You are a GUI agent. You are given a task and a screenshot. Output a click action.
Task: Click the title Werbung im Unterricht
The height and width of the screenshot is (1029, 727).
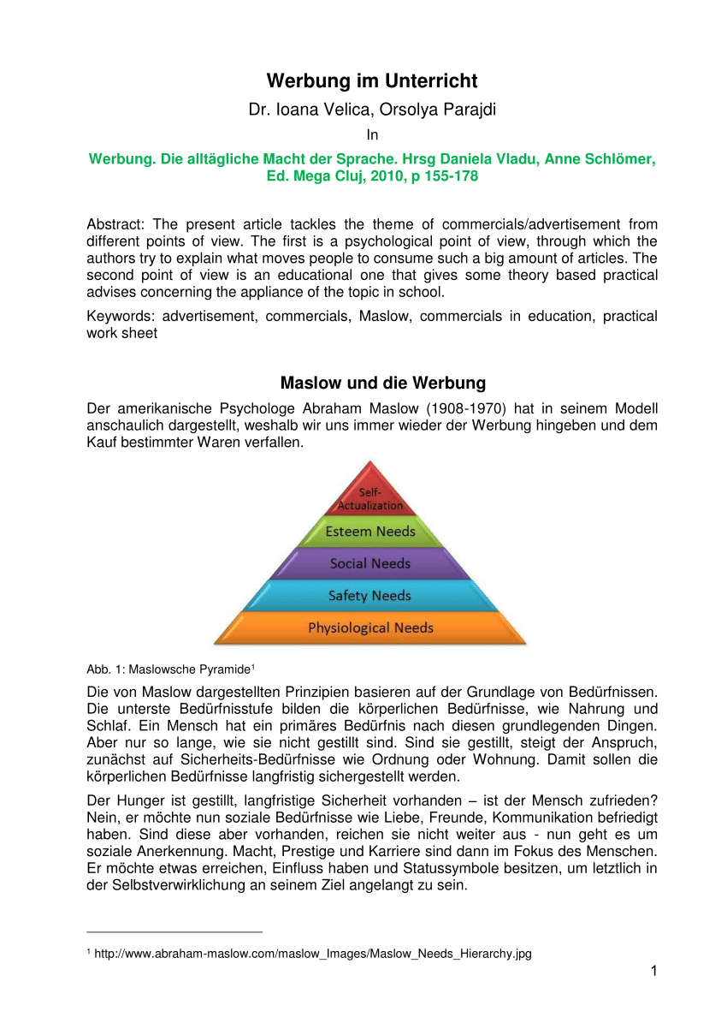pos(372,81)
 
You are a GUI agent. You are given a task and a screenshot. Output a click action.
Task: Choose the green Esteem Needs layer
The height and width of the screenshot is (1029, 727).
pos(370,532)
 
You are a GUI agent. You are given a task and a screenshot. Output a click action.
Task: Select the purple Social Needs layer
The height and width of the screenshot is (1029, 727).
pos(370,563)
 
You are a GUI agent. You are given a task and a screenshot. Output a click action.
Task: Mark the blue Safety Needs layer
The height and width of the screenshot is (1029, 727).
pos(370,596)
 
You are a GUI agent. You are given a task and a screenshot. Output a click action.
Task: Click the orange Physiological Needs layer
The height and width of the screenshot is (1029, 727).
pos(370,628)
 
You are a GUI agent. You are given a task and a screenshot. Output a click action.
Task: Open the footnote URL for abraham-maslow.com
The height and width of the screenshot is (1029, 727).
pos(313,955)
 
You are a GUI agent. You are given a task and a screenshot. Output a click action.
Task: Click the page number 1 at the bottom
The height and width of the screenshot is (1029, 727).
pos(653,971)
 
